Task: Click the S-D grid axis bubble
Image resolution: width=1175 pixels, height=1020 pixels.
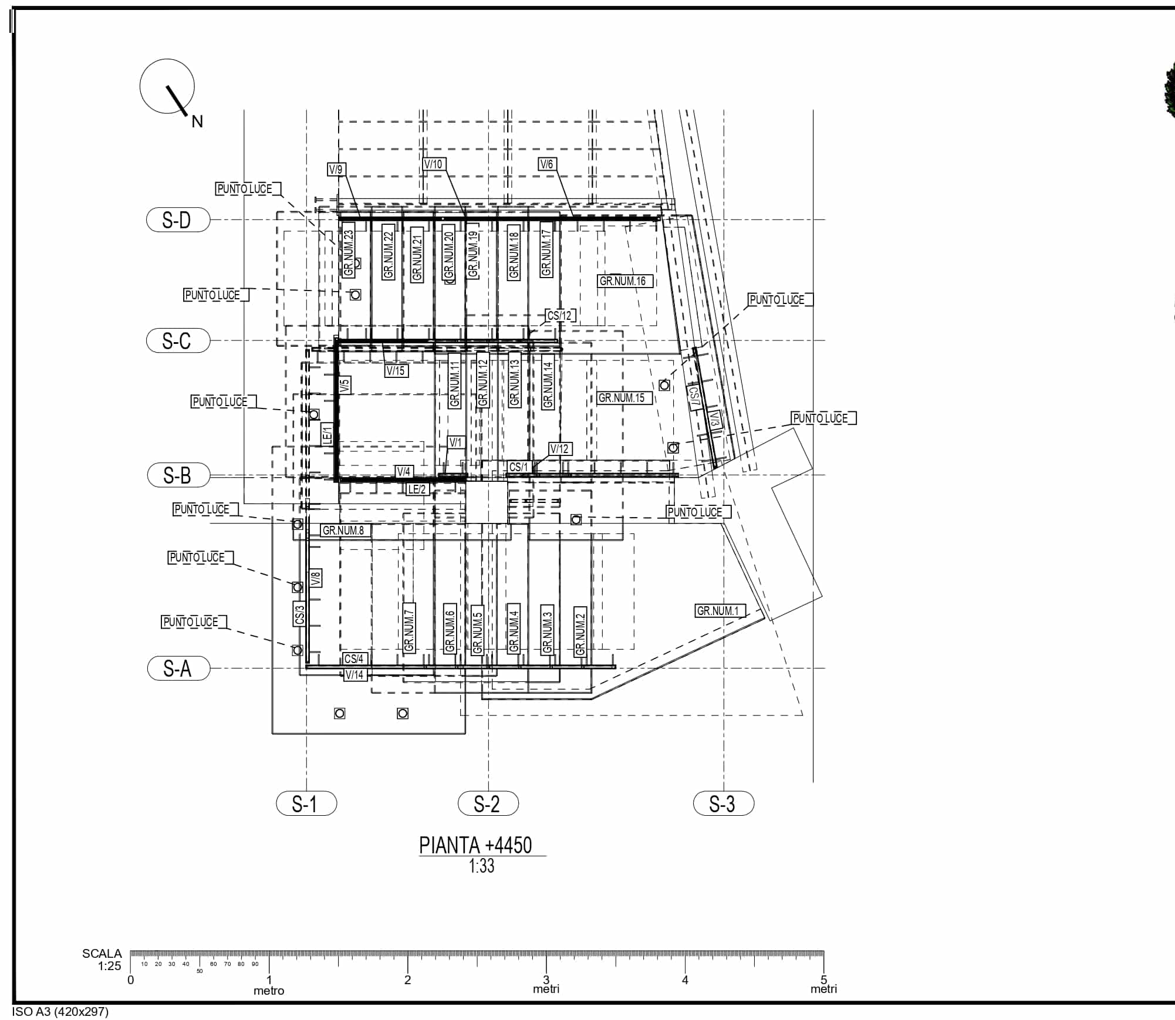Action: pyautogui.click(x=178, y=219)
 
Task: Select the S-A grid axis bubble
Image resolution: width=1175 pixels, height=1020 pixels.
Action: pyautogui.click(x=178, y=668)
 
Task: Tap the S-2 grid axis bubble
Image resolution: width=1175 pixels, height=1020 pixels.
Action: pyautogui.click(x=488, y=803)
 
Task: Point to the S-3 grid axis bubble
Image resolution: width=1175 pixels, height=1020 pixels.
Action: pyautogui.click(x=723, y=803)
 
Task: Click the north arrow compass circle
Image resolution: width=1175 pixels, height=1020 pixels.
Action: pyautogui.click(x=167, y=86)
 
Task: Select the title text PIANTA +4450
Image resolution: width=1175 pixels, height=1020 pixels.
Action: pyautogui.click(x=475, y=845)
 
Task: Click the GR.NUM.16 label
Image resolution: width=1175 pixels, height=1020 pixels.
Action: pyautogui.click(x=623, y=281)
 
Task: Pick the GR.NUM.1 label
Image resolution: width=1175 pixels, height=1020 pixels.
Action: pyautogui.click(x=718, y=611)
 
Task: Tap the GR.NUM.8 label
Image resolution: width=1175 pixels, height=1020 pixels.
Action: pyautogui.click(x=343, y=531)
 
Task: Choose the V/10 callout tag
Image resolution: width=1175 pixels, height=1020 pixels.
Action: pyautogui.click(x=433, y=164)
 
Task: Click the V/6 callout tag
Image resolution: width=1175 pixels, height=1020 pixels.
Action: pyautogui.click(x=546, y=164)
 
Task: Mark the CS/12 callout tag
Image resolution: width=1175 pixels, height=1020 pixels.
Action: pyautogui.click(x=559, y=315)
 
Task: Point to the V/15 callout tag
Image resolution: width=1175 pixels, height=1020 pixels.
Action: pyautogui.click(x=396, y=370)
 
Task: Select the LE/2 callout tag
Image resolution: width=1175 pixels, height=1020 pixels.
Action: pyautogui.click(x=417, y=489)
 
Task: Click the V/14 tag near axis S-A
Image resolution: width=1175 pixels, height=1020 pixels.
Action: pyautogui.click(x=354, y=675)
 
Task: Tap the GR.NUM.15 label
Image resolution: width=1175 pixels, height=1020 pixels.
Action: pyautogui.click(x=622, y=398)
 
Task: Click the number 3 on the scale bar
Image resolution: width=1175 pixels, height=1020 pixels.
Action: pyautogui.click(x=546, y=980)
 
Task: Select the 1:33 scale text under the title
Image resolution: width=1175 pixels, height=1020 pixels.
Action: pyautogui.click(x=482, y=866)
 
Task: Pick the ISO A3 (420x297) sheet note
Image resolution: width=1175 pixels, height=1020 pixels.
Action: pyautogui.click(x=60, y=1011)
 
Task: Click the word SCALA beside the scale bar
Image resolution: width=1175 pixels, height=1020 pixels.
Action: pyautogui.click(x=102, y=954)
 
